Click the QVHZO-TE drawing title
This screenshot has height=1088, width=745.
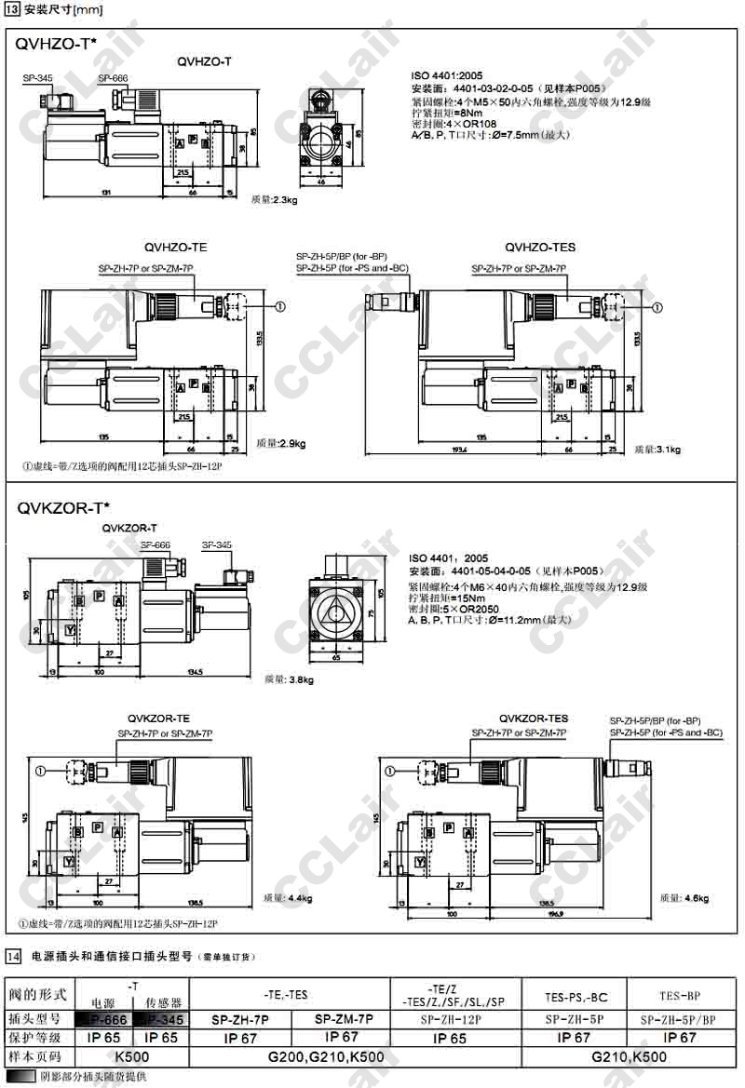175,248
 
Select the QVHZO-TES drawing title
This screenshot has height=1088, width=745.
540,248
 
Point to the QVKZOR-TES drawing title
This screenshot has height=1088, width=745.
533,719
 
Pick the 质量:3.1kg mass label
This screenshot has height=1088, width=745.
657,450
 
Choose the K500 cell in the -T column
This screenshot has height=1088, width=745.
131,1056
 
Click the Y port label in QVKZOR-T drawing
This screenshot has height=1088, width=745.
69,630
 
